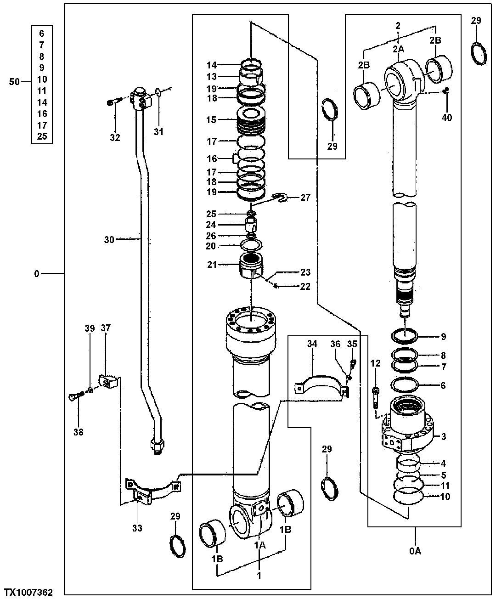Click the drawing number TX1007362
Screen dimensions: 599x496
click(28, 593)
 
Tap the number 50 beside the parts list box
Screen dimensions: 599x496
click(15, 82)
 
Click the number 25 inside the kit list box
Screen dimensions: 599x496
click(42, 137)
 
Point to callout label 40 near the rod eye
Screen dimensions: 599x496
click(446, 118)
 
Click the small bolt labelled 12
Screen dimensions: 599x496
click(376, 398)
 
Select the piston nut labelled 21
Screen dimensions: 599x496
click(251, 266)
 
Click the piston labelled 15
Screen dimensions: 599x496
click(251, 120)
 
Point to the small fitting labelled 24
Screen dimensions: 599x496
click(251, 225)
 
